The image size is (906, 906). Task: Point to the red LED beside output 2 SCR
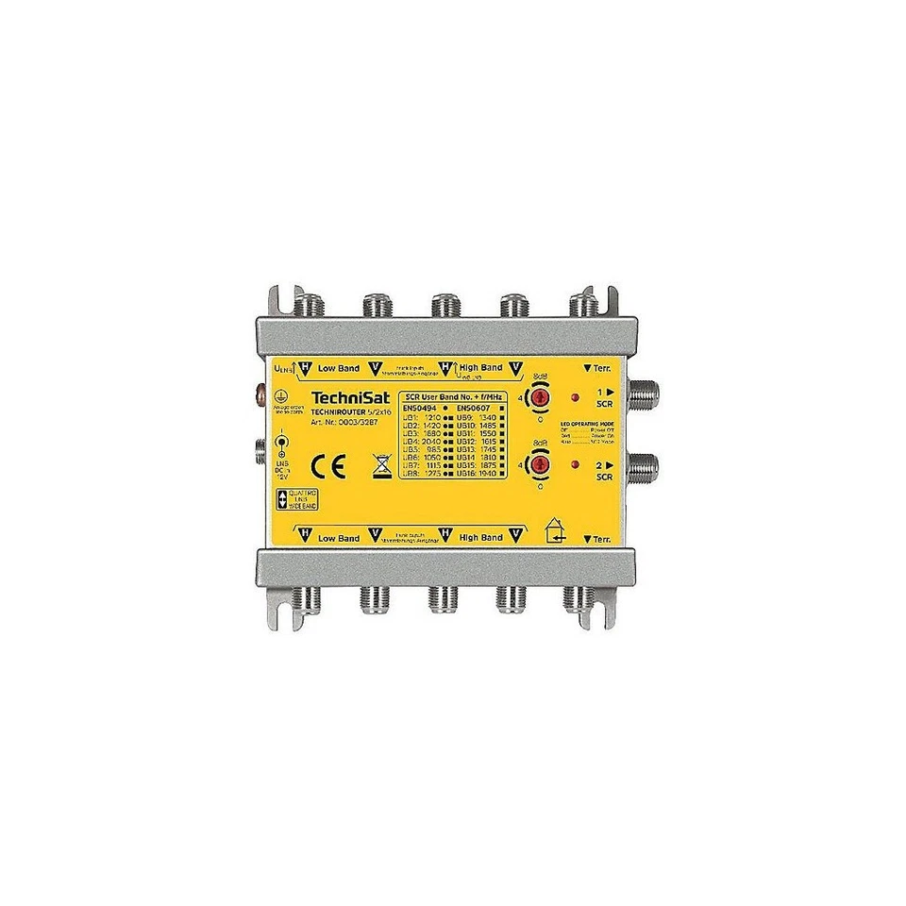coord(576,465)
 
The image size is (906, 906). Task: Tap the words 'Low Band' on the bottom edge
coord(340,538)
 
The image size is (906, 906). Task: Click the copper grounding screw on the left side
coord(260,390)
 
